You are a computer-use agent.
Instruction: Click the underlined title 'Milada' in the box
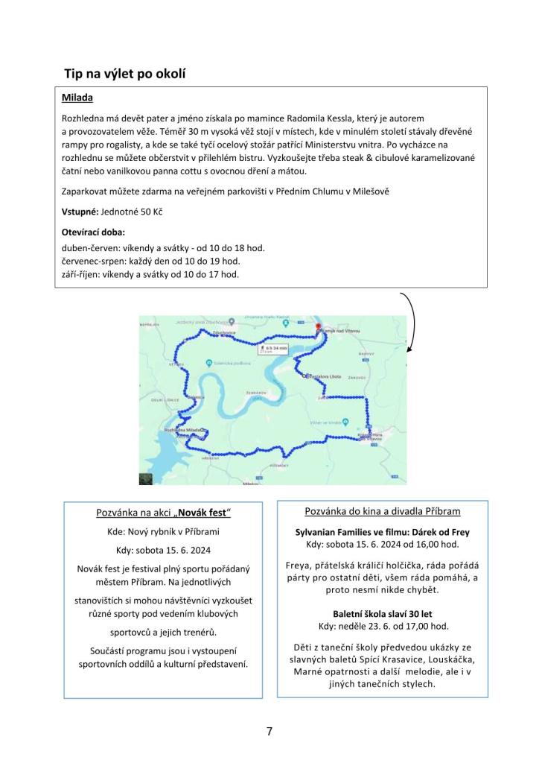pos(78,98)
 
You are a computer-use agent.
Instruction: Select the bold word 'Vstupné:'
pos(80,212)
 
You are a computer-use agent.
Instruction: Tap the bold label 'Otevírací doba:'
pos(93,232)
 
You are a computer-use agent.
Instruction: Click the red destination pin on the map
pos(318,326)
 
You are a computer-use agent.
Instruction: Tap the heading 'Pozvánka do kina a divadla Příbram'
pos(382,511)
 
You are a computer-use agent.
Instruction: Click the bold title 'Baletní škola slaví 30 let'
pos(382,612)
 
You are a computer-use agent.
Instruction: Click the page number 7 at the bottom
pos(269,732)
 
